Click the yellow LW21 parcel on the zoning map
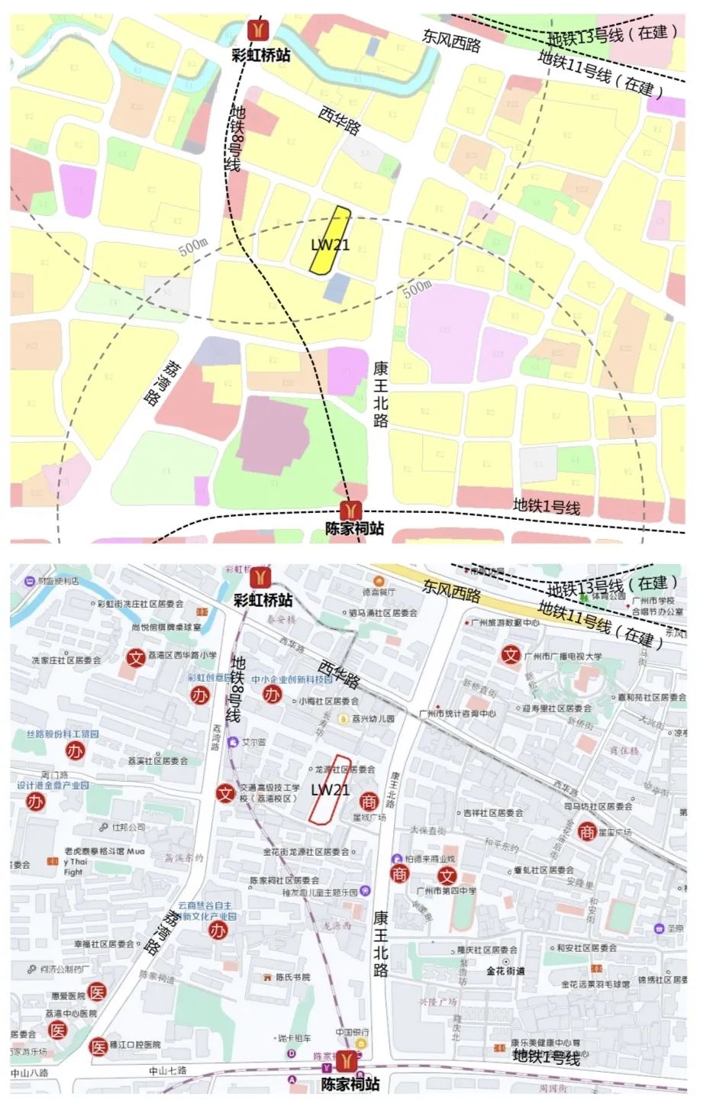tap(329, 240)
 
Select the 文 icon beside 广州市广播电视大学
tap(510, 655)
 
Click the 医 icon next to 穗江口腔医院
tap(99, 1047)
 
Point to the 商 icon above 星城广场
tap(369, 802)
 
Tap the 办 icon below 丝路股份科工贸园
tap(75, 752)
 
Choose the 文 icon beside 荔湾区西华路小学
tap(136, 657)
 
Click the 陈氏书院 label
tap(292, 977)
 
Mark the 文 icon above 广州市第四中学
tap(447, 876)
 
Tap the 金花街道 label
tap(505, 971)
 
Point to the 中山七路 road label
tap(168, 1071)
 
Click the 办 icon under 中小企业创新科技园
tap(272, 694)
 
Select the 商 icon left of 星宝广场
tap(586, 831)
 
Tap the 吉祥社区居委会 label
tap(492, 813)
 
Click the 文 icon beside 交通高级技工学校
tap(225, 794)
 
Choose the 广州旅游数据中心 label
tap(506, 623)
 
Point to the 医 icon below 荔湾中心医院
tap(57, 1030)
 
